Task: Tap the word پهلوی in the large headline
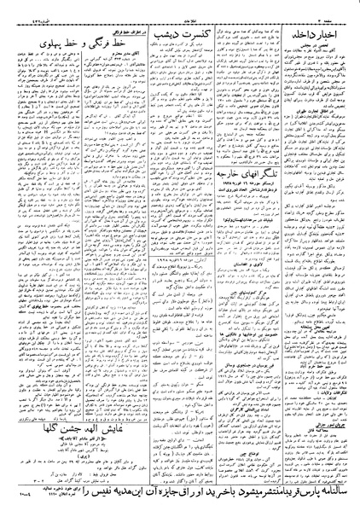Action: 26,42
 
